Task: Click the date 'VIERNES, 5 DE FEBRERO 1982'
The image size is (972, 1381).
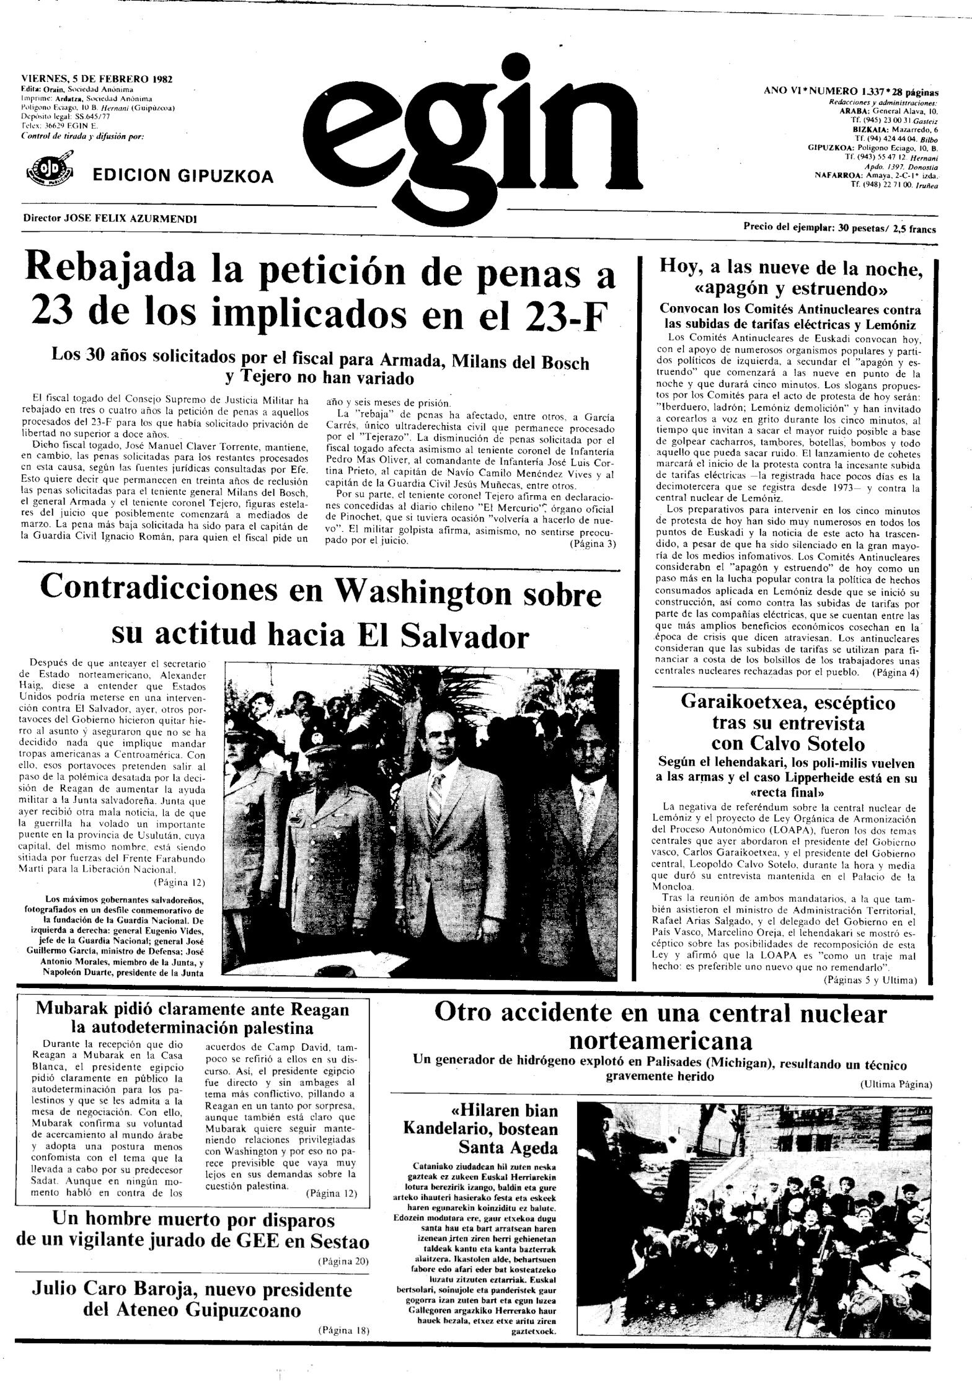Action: click(x=97, y=79)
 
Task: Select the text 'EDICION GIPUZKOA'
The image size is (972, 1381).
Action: click(x=182, y=177)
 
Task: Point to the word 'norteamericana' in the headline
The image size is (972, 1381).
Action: click(x=661, y=1040)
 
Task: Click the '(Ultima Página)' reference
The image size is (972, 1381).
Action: click(x=896, y=1084)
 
